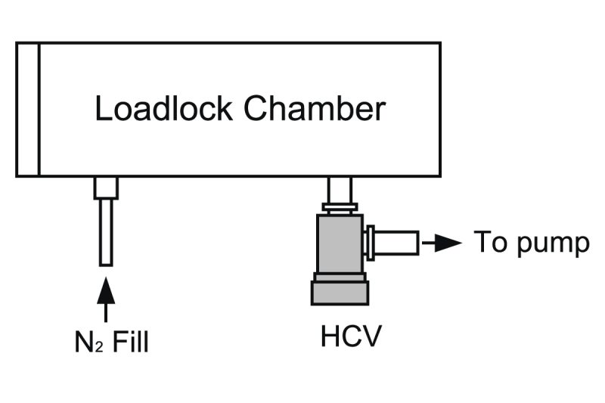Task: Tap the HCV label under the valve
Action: [x=347, y=336]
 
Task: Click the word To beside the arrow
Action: [x=489, y=243]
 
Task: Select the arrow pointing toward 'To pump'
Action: [x=443, y=243]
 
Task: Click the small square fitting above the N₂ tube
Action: [x=106, y=188]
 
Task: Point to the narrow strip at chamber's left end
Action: [x=27, y=109]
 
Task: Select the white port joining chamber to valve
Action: [x=339, y=189]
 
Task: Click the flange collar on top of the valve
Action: [x=339, y=207]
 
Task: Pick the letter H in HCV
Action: [x=330, y=336]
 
